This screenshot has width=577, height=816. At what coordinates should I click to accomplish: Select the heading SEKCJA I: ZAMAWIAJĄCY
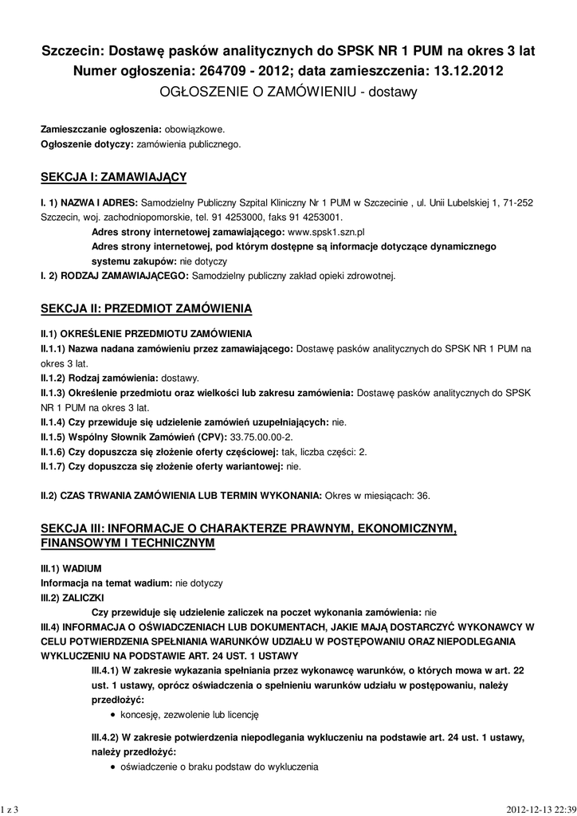point(113,175)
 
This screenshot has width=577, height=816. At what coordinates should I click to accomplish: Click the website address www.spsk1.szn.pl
point(325,231)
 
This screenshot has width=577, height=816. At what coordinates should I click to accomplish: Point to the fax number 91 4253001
point(313,217)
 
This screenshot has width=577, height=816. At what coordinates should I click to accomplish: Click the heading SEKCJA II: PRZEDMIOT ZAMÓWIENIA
point(147,307)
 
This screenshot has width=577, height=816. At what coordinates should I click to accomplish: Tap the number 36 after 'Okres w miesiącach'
point(423,496)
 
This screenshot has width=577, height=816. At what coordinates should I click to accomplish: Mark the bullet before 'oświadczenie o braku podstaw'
point(114,767)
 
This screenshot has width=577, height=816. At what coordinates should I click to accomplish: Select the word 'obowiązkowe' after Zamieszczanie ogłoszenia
point(195,129)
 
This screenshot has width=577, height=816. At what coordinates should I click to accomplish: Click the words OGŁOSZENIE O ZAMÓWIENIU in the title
point(257,92)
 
